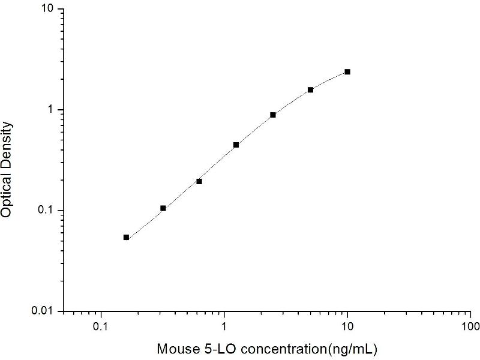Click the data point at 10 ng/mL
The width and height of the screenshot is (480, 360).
point(347,72)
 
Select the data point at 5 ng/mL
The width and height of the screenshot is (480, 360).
point(310,90)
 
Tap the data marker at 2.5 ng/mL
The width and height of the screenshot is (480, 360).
point(273,115)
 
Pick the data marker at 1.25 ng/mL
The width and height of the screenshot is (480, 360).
point(236,145)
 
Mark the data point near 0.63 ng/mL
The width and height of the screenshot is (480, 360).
point(199,181)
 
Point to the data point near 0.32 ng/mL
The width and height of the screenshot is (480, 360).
point(163,208)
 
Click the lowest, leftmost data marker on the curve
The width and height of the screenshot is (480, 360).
point(126,238)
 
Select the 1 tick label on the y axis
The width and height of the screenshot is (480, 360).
point(52,110)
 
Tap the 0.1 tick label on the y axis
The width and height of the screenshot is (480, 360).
point(46,211)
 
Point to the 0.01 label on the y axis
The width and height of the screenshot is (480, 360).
point(43,311)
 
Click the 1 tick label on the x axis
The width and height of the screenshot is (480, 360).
point(224,328)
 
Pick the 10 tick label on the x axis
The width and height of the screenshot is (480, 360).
point(347,328)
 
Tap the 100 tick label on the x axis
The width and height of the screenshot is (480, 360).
point(470,328)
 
